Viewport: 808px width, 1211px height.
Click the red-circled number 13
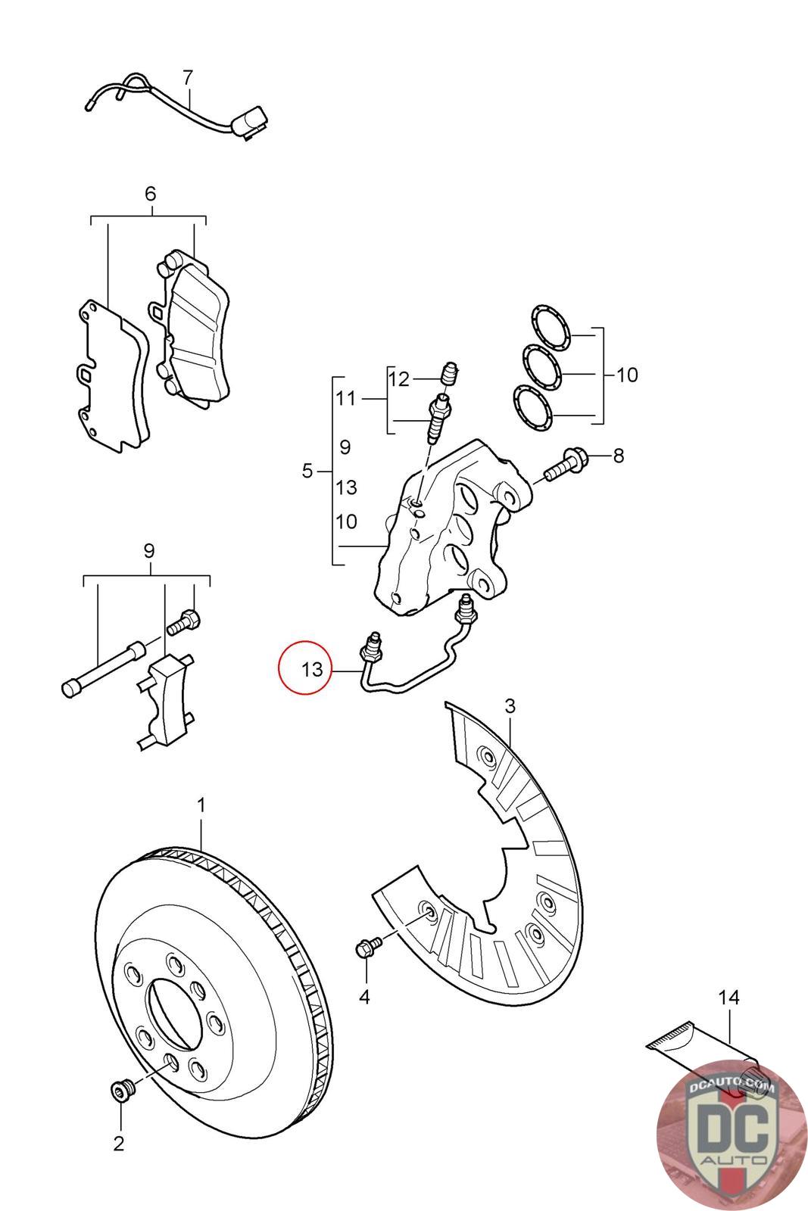pyautogui.click(x=311, y=670)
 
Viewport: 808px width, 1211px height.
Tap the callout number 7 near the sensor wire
pyautogui.click(x=187, y=76)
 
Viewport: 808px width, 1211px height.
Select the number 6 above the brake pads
pyautogui.click(x=150, y=194)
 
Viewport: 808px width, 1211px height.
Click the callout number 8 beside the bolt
pyautogui.click(x=619, y=456)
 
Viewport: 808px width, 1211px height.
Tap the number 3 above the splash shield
pyautogui.click(x=510, y=706)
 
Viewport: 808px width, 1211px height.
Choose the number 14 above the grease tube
pyautogui.click(x=728, y=998)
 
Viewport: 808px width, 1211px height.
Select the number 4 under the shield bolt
pyautogui.click(x=364, y=997)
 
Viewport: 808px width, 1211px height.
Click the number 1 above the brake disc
pyautogui.click(x=201, y=805)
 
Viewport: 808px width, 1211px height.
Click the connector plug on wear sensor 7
pyautogui.click(x=248, y=123)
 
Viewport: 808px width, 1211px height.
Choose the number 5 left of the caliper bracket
pyautogui.click(x=307, y=472)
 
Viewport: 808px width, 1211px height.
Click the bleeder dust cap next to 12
pyautogui.click(x=450, y=372)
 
